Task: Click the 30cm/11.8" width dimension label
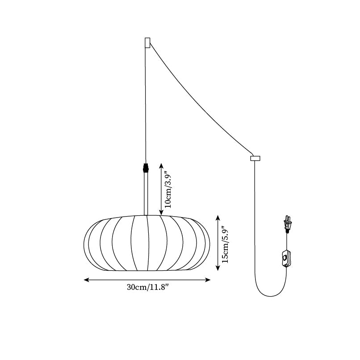[x=147, y=287]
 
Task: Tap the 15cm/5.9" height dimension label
[x=226, y=243]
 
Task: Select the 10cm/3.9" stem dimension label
[x=168, y=189]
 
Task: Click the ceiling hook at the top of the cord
[x=147, y=42]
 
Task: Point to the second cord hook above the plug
[x=255, y=158]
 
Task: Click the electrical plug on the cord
[x=289, y=225]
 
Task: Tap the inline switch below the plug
[x=286, y=259]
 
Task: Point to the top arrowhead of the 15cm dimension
[x=218, y=217]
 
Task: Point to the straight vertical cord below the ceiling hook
[x=146, y=103]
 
